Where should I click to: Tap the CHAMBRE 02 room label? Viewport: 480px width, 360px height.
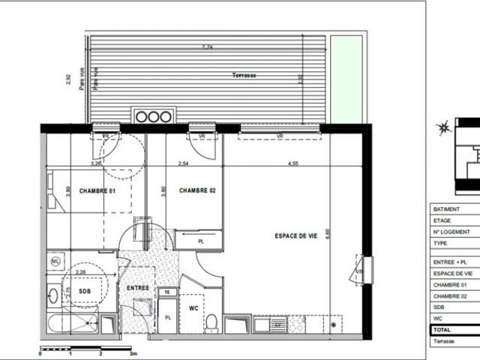point(197,191)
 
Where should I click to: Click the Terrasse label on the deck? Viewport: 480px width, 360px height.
point(244,76)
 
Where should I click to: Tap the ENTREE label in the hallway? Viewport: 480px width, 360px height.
point(138,288)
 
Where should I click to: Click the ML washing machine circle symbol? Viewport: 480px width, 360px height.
point(55,260)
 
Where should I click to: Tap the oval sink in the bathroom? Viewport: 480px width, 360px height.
point(52,292)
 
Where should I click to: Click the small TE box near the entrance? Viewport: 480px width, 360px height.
point(169,292)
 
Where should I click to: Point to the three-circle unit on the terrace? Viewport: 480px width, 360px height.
point(154,116)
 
